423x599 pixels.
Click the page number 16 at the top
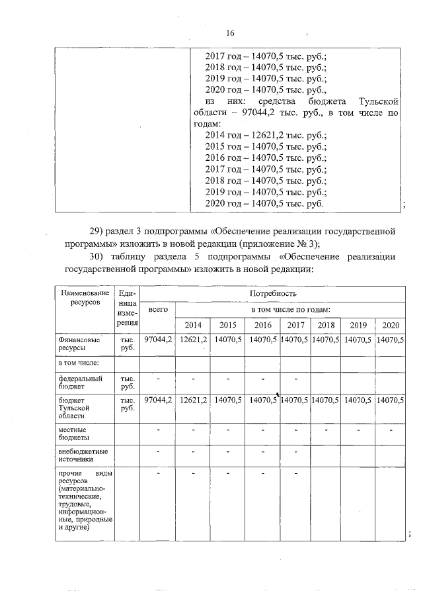230,33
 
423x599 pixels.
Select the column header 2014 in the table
193,325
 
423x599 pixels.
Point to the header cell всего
158,309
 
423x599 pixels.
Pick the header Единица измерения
127,307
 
